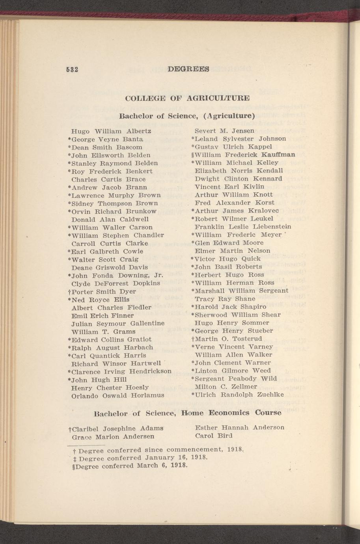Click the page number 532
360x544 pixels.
coord(73,69)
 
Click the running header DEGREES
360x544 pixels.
coord(188,69)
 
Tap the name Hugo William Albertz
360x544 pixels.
coord(111,131)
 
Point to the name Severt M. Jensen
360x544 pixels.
coord(224,130)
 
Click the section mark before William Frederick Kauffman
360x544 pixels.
coord(193,155)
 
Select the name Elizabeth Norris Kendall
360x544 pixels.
coord(239,171)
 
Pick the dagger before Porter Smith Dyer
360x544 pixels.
coord(69,292)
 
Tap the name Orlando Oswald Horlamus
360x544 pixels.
coord(118,395)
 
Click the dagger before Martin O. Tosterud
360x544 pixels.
coord(192,339)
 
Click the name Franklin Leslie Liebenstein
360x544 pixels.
coord(243,227)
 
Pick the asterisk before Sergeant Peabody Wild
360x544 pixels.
coord(192,379)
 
